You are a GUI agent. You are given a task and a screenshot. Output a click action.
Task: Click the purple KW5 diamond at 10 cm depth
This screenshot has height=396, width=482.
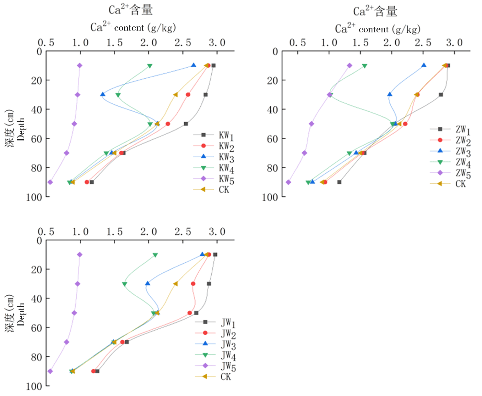point(80,65)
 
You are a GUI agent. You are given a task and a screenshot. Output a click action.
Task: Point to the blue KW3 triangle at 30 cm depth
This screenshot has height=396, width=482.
point(103,94)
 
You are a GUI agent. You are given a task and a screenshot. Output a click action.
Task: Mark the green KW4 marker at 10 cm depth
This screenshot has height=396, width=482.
point(150,66)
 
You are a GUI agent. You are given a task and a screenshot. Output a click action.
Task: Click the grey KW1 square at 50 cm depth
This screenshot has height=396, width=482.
point(186,124)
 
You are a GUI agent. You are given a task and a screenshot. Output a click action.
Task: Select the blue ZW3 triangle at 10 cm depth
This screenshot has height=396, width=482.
point(424,65)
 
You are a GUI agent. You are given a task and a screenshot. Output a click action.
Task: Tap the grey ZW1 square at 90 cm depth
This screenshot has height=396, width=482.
point(339,182)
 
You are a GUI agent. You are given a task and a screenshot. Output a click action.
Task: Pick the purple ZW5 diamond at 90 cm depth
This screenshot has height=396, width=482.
point(289,182)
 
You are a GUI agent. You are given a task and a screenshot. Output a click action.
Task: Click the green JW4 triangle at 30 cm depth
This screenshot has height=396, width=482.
point(125,284)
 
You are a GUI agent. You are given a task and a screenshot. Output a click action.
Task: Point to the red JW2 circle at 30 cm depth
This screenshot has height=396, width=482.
point(193,284)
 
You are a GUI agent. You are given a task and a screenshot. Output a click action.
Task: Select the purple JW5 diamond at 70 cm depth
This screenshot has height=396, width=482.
point(67,342)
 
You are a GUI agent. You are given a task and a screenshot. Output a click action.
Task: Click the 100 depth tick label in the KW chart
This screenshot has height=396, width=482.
point(34,198)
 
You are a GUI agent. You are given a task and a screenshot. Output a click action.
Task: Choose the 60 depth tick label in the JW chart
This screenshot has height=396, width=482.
point(36,328)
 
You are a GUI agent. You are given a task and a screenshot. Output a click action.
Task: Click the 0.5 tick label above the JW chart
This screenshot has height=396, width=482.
point(46,232)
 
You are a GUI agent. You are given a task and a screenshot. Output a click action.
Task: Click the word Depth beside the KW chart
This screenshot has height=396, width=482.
point(21,129)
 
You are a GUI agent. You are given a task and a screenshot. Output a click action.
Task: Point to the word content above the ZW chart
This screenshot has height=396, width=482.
point(374,30)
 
